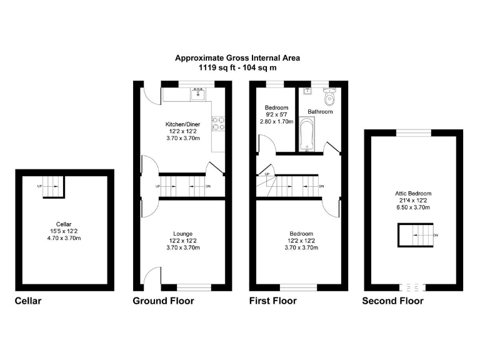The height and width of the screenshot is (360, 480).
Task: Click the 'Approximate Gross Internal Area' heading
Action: tap(237, 57)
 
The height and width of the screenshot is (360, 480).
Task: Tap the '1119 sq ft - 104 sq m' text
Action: tap(237, 66)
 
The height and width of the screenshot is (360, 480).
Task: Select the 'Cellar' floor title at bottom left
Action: tap(27, 301)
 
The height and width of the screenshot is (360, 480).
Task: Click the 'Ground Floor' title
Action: tap(163, 301)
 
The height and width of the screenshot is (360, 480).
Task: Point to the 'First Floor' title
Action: tap(272, 301)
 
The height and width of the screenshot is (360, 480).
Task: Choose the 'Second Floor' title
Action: tap(392, 301)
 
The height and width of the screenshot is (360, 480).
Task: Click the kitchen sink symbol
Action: tap(199, 94)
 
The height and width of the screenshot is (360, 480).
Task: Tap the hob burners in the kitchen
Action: tap(219, 123)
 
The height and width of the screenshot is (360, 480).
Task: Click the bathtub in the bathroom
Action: tap(306, 134)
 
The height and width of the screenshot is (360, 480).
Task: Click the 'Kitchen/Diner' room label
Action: tap(182, 124)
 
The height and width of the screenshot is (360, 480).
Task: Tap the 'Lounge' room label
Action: tap(182, 234)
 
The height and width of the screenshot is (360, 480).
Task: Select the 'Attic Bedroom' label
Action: tap(413, 194)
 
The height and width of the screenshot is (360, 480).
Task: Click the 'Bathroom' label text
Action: tap(319, 112)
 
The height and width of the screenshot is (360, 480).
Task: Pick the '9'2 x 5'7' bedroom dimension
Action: tap(276, 114)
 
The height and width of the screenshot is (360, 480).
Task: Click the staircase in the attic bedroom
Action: tap(413, 236)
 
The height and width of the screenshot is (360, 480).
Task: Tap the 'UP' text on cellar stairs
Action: tap(39, 186)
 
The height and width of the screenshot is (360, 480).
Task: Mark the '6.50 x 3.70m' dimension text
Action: tap(413, 207)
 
